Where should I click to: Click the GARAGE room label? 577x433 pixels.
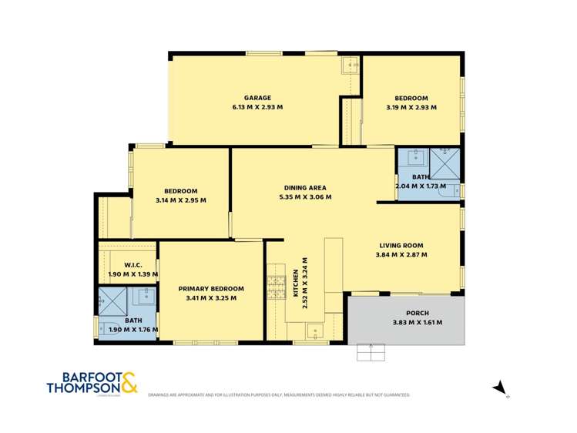point(258,98)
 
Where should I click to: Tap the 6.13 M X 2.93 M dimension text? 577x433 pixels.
point(258,107)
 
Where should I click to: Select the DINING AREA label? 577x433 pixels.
point(306,187)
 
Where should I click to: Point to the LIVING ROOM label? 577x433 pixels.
point(401,245)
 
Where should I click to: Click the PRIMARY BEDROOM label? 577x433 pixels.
point(211,288)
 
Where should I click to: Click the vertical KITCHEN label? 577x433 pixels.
point(297,283)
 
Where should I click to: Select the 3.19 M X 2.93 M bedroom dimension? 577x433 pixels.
point(411,107)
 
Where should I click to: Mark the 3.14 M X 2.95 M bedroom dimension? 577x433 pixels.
point(180,200)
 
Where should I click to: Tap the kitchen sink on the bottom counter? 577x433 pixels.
point(315,333)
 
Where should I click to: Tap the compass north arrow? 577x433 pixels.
point(500,387)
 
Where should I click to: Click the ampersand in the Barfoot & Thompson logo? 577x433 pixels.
point(129,381)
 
